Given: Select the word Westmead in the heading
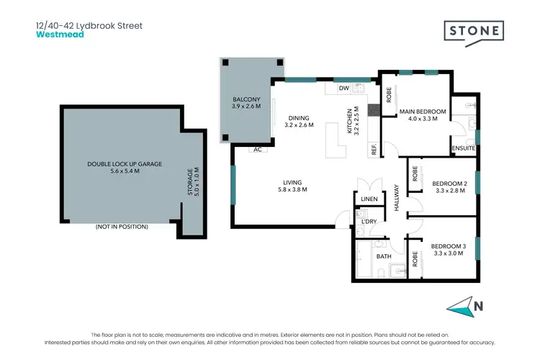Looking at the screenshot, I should [x=60, y=34].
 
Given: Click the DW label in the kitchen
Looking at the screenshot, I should [x=344, y=89].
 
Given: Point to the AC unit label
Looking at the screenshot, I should [x=257, y=150].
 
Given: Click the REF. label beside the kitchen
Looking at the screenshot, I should [x=374, y=150].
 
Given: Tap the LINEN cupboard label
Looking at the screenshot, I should [x=369, y=198].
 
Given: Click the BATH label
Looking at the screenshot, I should [x=383, y=256].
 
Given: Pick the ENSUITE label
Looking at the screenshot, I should [x=464, y=148].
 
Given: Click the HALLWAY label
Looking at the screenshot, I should [x=396, y=197].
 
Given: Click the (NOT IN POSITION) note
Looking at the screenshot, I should [x=122, y=227].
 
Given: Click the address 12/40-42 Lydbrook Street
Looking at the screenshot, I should [x=89, y=24].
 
